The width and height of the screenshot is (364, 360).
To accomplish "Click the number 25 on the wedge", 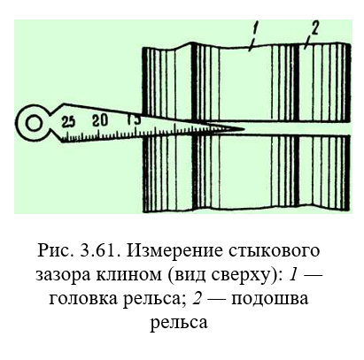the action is point(68,122).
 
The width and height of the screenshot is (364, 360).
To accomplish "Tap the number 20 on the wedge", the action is point(100,120).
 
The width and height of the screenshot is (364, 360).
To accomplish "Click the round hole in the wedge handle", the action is point(34,123).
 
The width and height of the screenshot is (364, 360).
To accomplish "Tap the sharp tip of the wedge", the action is point(244,129).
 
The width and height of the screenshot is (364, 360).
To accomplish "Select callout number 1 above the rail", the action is point(255,30).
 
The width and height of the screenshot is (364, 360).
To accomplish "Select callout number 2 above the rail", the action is point(314,29).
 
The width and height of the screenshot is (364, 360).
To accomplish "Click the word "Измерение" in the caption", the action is point(175,251).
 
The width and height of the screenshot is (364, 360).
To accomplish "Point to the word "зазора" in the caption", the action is point(63,275).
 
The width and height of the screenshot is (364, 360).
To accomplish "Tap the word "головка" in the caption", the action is point(83,299).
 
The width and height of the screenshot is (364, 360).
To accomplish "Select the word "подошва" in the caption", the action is point(269,299).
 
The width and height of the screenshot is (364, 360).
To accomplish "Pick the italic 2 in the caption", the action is point(197,297).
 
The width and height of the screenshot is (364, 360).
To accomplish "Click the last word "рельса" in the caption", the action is point(179,323).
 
